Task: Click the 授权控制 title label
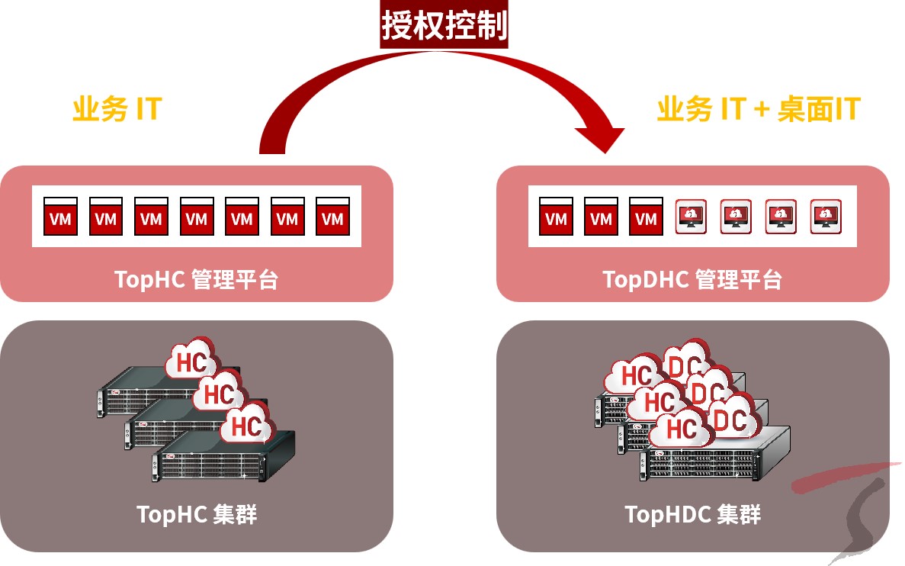tap(444, 26)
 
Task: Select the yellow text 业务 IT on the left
tap(117, 109)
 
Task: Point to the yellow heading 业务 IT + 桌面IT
tap(758, 110)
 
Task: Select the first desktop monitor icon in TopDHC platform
tap(691, 217)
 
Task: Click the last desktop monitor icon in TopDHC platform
tap(826, 217)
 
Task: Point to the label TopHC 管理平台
tap(197, 279)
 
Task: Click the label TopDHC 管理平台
tap(692, 279)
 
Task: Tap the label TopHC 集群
tap(197, 514)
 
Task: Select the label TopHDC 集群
tap(692, 514)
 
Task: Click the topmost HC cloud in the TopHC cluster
tap(191, 361)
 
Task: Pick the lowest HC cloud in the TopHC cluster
tap(246, 426)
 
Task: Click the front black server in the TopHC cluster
tap(221, 458)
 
